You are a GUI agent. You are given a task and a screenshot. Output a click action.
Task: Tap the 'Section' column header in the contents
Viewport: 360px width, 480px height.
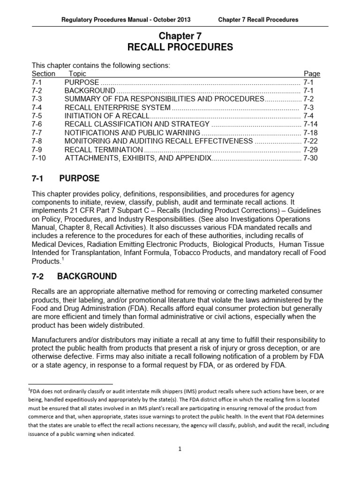pyautogui.click(x=43, y=74)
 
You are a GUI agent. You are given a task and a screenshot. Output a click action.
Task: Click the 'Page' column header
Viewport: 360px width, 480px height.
pyautogui.click(x=312, y=74)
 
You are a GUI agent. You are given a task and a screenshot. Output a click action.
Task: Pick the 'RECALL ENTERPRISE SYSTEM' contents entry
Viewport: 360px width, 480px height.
pyautogui.click(x=117, y=107)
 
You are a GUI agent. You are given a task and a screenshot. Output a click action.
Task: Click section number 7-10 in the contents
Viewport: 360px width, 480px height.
pyautogui.click(x=39, y=158)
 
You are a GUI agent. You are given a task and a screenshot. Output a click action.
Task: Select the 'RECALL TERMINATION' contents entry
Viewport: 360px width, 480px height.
pyautogui.click(x=103, y=150)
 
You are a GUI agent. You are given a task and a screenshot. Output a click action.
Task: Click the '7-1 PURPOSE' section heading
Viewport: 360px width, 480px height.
pyautogui.click(x=65, y=179)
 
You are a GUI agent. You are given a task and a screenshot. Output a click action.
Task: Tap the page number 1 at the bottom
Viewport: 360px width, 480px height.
pyautogui.click(x=180, y=449)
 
